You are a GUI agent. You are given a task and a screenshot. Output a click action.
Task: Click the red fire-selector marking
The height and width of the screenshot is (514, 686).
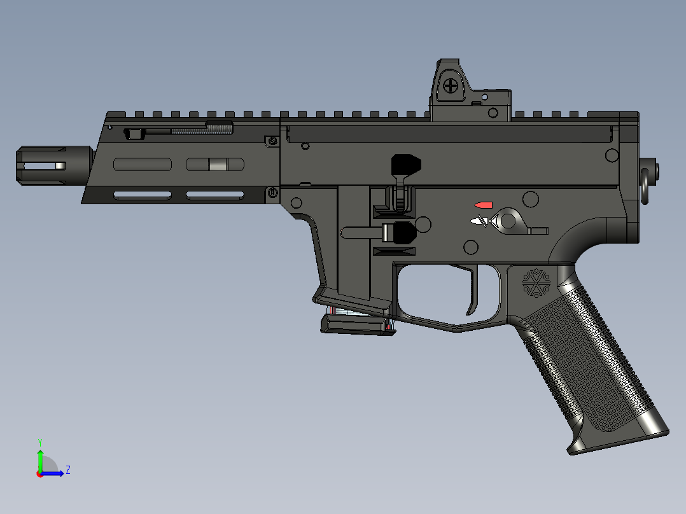pos(484,205)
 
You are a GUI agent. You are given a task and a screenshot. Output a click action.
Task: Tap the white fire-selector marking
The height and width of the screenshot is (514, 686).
pos(477,221)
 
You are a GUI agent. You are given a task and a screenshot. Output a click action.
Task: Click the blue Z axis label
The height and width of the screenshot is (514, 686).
pos(67,470)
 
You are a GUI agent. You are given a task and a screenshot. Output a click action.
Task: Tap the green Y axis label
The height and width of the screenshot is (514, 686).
pos(39,441)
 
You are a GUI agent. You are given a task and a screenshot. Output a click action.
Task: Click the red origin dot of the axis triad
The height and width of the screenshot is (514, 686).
pos(39,473)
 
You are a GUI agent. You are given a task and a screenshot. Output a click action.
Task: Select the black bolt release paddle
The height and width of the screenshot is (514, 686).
pos(405,165)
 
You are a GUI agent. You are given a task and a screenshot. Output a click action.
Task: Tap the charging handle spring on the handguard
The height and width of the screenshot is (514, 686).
pos(200,130)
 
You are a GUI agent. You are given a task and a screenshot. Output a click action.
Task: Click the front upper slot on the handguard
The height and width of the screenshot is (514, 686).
pos(143,164)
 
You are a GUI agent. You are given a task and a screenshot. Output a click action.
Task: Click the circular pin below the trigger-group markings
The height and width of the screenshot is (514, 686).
pos(471,246)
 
